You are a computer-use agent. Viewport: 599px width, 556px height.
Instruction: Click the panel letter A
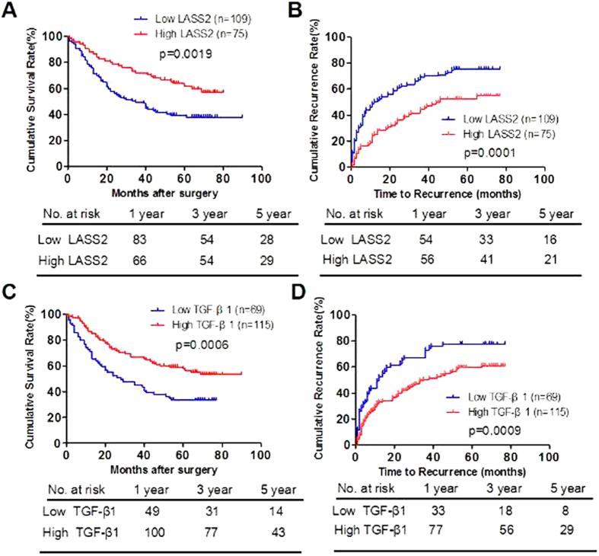pos(10,9)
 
